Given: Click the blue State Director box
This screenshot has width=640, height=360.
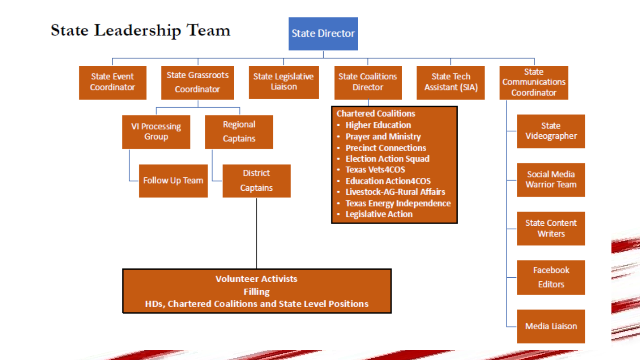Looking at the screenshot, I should [x=323, y=34].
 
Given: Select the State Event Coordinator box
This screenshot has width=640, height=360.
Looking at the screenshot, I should [x=112, y=83].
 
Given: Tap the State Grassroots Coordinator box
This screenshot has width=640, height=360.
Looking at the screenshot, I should [x=198, y=83].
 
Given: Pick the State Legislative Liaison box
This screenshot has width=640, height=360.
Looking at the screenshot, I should [x=284, y=82].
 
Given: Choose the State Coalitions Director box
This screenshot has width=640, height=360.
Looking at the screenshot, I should [x=368, y=83].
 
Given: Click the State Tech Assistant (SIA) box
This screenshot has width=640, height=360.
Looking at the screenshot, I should [x=451, y=83].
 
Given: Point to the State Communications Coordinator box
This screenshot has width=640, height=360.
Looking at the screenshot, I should [x=534, y=83].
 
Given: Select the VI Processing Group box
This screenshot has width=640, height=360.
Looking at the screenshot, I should [x=156, y=132].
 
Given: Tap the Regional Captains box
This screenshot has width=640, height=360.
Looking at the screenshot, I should [x=239, y=132].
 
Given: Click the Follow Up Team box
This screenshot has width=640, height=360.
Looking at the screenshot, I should [x=173, y=181].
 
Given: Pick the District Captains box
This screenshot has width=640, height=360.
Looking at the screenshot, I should [x=256, y=181].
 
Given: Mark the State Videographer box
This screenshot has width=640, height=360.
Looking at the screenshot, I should [x=551, y=131].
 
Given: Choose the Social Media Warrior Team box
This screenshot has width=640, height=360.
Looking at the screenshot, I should [x=551, y=180].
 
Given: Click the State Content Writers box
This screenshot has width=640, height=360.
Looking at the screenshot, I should [x=551, y=228].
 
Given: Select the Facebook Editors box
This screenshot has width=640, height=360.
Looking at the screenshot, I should [x=551, y=277].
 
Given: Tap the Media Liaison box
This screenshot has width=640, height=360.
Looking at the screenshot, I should [x=551, y=326].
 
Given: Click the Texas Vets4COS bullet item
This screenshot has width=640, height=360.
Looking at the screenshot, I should [x=376, y=170].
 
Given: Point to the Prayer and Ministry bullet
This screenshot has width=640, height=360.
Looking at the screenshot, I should [x=383, y=137].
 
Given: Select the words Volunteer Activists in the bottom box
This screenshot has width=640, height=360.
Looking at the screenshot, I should [x=256, y=279].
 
